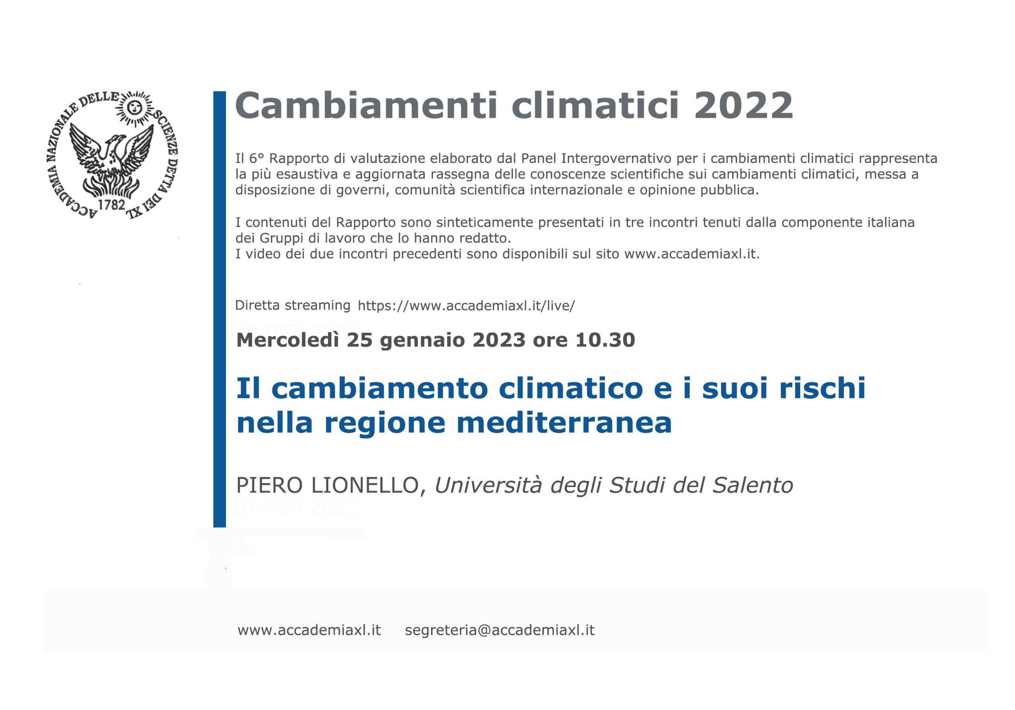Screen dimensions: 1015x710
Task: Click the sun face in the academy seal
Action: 134,107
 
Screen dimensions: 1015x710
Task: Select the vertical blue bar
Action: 219,309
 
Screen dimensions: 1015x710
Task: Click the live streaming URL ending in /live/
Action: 466,306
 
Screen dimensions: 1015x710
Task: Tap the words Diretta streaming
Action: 293,305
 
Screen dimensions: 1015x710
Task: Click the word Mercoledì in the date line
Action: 289,340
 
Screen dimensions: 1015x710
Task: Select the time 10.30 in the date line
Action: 605,340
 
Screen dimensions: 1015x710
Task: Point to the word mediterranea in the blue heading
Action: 564,423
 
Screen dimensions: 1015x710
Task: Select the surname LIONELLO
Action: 365,486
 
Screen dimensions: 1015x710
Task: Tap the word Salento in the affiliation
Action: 753,486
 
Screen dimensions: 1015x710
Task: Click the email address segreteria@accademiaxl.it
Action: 500,630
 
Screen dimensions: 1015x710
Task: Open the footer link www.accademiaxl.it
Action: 309,630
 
